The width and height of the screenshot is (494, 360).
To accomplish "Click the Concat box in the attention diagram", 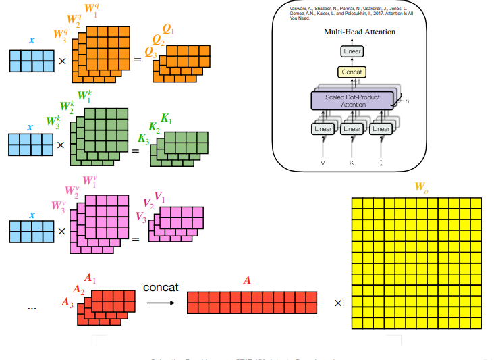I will [352, 72].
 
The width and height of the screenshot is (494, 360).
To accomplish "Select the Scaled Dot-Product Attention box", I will [352, 101].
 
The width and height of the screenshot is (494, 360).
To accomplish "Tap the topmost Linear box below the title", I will [352, 51].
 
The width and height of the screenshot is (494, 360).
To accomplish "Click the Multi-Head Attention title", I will [360, 32].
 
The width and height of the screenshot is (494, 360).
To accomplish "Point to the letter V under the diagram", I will [322, 163].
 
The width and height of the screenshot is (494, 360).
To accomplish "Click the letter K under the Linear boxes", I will [352, 163].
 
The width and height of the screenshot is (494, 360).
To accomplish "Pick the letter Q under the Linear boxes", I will [381, 163].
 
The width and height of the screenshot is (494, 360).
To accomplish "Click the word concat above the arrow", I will [161, 287].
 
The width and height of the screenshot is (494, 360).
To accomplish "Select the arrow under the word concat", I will [160, 302].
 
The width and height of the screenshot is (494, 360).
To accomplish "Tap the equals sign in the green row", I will [135, 149].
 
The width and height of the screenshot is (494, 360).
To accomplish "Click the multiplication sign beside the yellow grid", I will [338, 303].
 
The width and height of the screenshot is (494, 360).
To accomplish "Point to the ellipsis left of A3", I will [32, 307].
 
